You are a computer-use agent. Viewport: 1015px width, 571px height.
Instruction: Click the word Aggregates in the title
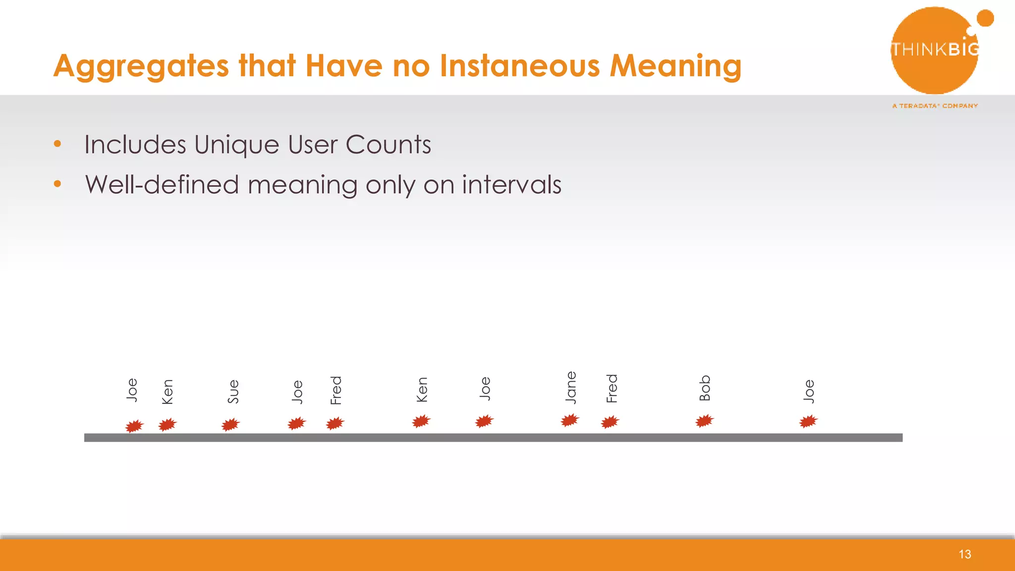click(x=141, y=66)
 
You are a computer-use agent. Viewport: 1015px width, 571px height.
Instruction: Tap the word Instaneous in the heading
click(x=519, y=66)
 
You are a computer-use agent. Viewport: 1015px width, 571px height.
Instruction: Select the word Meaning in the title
click(x=675, y=66)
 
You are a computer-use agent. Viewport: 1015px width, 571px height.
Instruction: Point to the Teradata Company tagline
click(x=935, y=106)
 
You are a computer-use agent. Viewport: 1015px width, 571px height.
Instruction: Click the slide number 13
click(x=964, y=554)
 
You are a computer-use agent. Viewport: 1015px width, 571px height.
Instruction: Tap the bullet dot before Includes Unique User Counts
click(x=57, y=144)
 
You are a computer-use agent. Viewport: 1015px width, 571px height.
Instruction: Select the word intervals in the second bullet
click(x=511, y=184)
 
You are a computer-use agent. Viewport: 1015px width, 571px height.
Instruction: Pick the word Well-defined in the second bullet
click(x=162, y=184)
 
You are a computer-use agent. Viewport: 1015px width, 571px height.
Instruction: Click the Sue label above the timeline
click(x=233, y=392)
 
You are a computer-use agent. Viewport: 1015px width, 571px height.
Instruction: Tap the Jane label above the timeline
click(x=571, y=388)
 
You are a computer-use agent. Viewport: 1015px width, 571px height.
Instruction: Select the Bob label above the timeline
click(x=705, y=388)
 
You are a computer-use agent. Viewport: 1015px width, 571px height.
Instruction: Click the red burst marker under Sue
click(x=230, y=425)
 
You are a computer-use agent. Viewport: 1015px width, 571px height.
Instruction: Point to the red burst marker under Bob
click(x=704, y=421)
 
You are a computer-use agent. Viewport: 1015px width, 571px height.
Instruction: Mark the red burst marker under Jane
click(x=570, y=421)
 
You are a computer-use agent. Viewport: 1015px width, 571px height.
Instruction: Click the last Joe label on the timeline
click(x=809, y=391)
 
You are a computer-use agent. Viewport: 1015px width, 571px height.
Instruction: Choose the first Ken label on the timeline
click(x=168, y=392)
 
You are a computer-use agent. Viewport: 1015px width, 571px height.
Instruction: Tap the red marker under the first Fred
click(x=335, y=423)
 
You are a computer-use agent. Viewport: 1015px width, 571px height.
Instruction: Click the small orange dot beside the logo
click(x=985, y=18)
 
